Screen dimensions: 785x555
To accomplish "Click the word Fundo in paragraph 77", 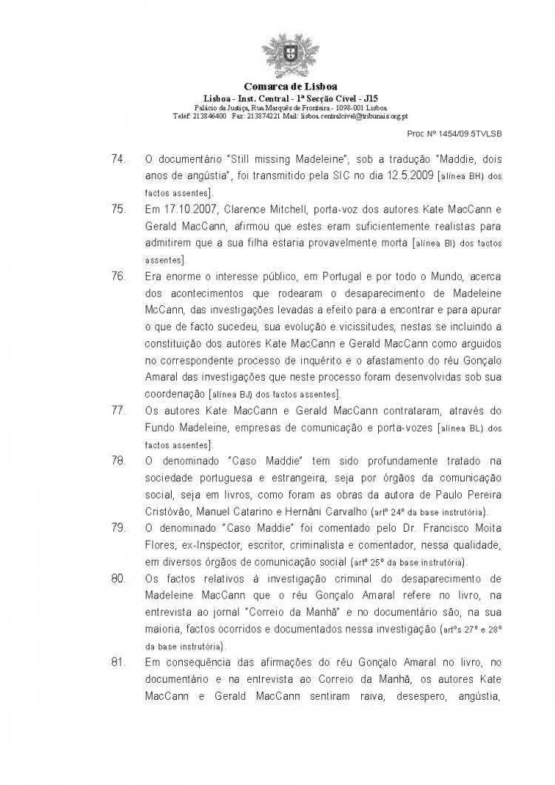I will point(161,426).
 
